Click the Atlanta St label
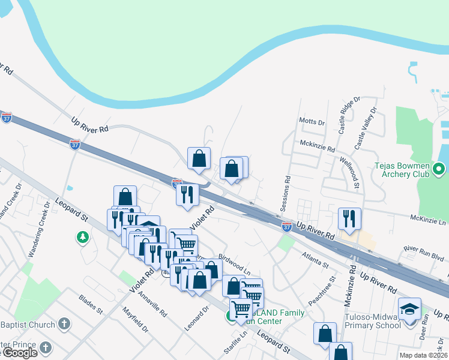316,260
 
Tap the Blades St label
91,303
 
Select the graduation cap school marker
409,309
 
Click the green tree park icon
82,238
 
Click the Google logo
19,353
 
